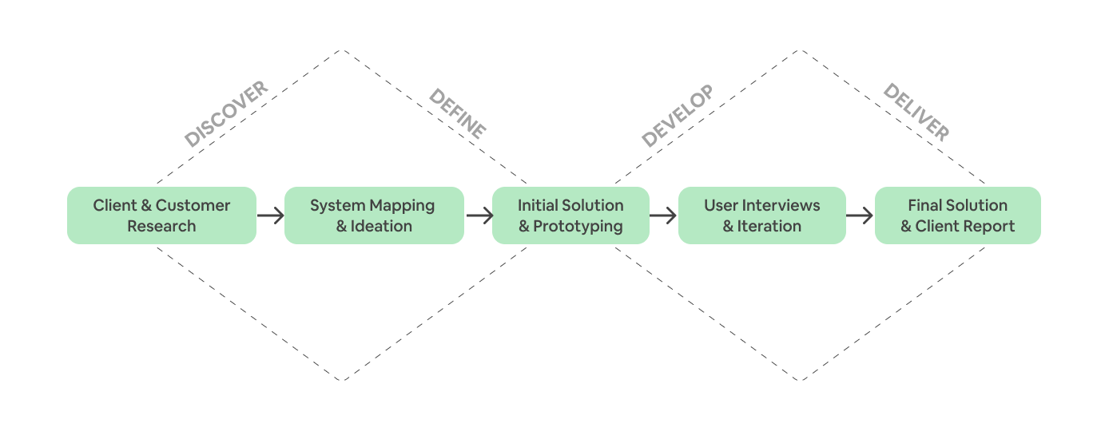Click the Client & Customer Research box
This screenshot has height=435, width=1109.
(161, 216)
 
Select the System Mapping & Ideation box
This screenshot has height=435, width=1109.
(374, 216)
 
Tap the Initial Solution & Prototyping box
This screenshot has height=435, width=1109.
(570, 216)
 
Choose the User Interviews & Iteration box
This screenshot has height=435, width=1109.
(761, 216)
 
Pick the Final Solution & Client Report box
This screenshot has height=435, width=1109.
(957, 216)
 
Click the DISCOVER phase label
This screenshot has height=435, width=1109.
(226, 115)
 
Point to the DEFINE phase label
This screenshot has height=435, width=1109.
(458, 114)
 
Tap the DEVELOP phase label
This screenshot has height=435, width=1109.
(677, 117)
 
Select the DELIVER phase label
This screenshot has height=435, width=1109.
(916, 113)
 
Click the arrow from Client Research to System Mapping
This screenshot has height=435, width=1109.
(270, 216)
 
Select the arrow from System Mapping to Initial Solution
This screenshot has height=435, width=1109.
(479, 216)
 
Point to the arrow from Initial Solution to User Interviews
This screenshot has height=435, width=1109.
(663, 216)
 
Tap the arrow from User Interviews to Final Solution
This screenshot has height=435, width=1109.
(860, 216)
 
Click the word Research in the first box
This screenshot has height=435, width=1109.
(161, 226)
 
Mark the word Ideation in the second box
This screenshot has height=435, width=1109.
(382, 226)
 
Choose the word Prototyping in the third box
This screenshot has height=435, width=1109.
(578, 226)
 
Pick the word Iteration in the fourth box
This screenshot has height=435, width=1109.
(769, 226)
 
